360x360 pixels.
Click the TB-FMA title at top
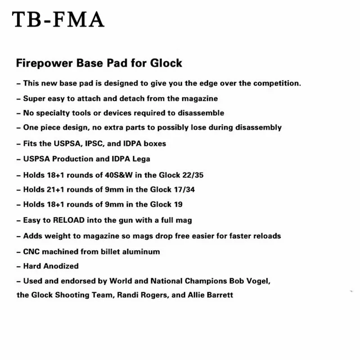pos(58,19)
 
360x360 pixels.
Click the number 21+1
pos(56,190)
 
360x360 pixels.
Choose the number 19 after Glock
pos(177,205)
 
